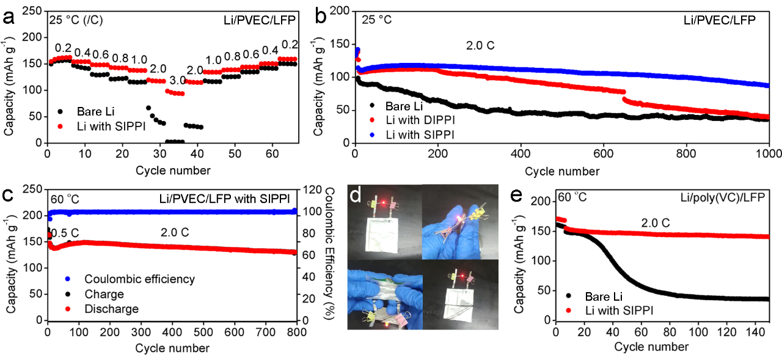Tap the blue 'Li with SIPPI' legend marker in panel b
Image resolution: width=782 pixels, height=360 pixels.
click(373, 133)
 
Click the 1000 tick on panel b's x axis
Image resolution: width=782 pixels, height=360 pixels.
click(768, 153)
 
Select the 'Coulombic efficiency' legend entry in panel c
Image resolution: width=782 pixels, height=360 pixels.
click(139, 279)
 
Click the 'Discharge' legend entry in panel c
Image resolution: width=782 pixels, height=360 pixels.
click(111, 309)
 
